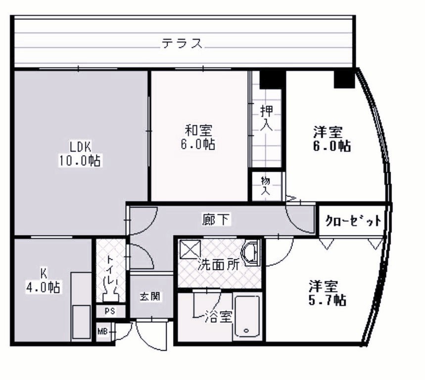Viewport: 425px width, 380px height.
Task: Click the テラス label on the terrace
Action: tap(182, 44)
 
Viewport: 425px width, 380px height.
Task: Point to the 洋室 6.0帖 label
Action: tap(331, 139)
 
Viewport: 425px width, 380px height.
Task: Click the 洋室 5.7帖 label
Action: tap(327, 293)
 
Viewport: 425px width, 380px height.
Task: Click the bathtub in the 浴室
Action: tap(247, 317)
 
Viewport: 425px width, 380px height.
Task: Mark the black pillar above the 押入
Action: tap(271, 79)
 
